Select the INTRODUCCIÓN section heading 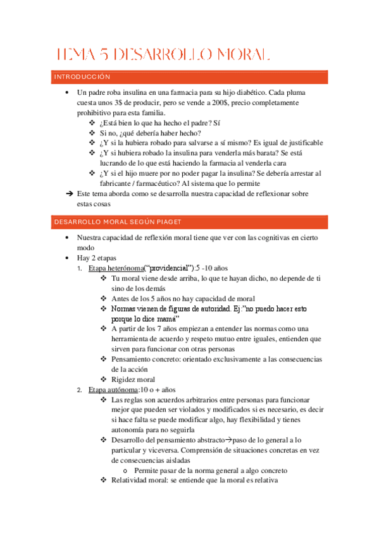82,76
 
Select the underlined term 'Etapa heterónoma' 116,268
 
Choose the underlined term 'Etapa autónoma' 113,389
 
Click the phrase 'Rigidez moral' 133,379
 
